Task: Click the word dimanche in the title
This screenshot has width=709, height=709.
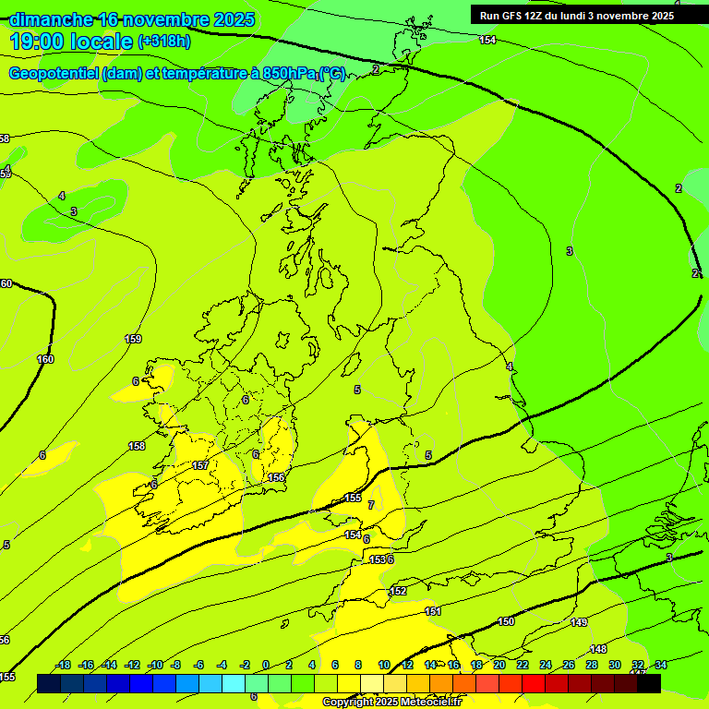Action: click(51, 19)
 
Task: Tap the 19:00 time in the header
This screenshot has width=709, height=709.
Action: click(37, 41)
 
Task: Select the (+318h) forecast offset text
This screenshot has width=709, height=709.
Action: click(164, 42)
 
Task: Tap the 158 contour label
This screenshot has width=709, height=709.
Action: click(137, 446)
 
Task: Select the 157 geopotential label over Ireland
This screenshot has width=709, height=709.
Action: click(200, 465)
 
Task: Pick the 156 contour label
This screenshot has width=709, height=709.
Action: click(276, 477)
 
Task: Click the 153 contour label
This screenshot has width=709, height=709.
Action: click(377, 559)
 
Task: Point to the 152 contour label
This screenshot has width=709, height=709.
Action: click(399, 591)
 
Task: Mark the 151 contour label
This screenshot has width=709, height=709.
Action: click(433, 611)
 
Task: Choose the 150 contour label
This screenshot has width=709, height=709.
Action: click(506, 621)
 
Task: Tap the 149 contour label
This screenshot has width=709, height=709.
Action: click(579, 623)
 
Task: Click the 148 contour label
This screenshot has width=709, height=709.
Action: click(598, 649)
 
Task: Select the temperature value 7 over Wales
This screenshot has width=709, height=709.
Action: click(371, 505)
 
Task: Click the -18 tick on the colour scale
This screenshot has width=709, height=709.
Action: click(64, 665)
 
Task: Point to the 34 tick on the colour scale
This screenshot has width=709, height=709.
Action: click(661, 665)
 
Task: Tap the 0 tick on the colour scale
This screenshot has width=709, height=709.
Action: click(266, 665)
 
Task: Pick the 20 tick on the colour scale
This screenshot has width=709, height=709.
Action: click(499, 665)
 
